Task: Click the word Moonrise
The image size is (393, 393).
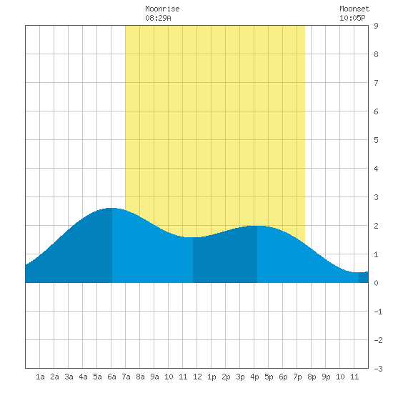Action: tap(162, 9)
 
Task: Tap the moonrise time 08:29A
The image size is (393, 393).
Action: tap(158, 18)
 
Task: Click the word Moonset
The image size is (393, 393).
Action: tap(354, 9)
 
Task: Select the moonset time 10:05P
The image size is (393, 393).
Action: tap(352, 18)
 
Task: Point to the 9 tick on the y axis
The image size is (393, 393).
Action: tap(376, 26)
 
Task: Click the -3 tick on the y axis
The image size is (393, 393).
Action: tap(378, 369)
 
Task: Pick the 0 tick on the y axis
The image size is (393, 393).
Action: tap(376, 283)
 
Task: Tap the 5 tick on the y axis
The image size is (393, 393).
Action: tap(376, 140)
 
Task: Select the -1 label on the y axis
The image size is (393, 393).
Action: tap(378, 312)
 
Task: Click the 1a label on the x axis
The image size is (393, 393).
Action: tap(40, 377)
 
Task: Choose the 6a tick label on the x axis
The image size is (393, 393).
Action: tap(111, 377)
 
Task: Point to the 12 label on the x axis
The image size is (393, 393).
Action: tap(197, 377)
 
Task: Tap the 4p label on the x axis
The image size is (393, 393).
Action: tap(254, 377)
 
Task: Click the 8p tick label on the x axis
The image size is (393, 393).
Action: tap(312, 377)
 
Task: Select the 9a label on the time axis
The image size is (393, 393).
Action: tap(154, 377)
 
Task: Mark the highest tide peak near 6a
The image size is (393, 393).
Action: tap(111, 208)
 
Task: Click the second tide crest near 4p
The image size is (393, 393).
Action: tap(257, 226)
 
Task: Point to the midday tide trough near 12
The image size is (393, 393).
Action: tap(192, 237)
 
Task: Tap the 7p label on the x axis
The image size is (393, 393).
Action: tap(297, 377)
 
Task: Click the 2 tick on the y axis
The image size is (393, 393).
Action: tap(376, 226)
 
